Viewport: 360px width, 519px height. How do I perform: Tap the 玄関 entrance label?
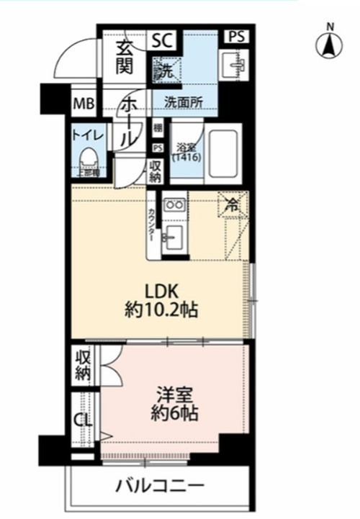124,57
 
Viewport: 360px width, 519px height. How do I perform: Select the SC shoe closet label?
161,41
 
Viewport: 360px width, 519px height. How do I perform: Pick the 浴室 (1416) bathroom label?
186,152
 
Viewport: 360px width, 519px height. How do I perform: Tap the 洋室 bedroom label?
175,394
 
